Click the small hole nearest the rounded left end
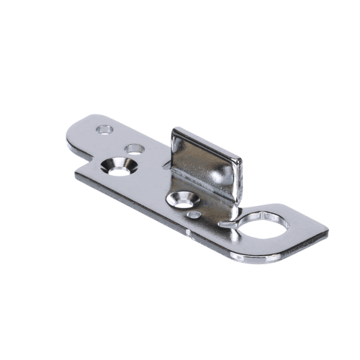point(105,130)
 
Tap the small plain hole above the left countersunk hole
point(133,149)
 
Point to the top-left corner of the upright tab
point(174,130)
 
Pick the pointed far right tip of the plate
point(328,233)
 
